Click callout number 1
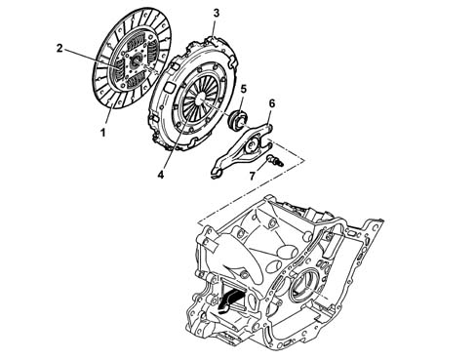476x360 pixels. tap(103, 133)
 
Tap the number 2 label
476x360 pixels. tap(59, 49)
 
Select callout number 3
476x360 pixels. tap(217, 14)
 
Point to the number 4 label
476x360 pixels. tap(161, 175)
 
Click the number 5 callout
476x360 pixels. tap(244, 89)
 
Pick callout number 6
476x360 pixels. tap(272, 103)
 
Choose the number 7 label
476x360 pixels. tap(253, 176)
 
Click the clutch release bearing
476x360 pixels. tap(236, 120)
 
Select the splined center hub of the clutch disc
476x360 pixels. tap(136, 60)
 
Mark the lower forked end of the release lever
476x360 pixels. tap(217, 174)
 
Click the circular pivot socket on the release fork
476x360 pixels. tap(252, 144)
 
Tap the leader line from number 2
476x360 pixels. tap(91, 59)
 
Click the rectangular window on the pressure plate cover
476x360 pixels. tap(170, 87)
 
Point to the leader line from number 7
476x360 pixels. tap(262, 166)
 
